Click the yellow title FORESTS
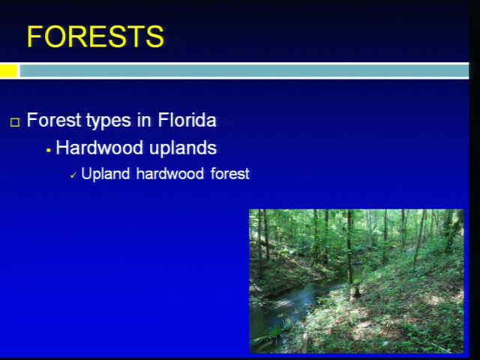(x=95, y=37)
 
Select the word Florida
(x=187, y=120)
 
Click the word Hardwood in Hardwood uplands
(x=100, y=148)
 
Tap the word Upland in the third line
(x=106, y=174)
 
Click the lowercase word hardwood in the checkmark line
(x=170, y=173)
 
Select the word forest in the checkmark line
(x=230, y=173)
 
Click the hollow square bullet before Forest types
(x=15, y=122)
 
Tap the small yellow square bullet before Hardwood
(x=48, y=150)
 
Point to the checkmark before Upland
(x=73, y=175)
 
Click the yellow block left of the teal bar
(x=8, y=71)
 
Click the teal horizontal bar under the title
(x=244, y=71)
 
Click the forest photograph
(x=357, y=281)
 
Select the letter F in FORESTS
(x=35, y=37)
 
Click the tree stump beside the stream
(x=355, y=290)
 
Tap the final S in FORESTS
(x=155, y=37)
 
